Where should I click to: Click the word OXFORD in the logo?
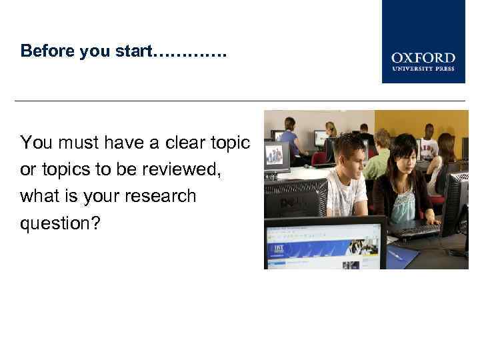[x=423, y=58]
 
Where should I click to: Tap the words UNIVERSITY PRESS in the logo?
[x=423, y=69]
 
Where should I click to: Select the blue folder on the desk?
[x=402, y=255]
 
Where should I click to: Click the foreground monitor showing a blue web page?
[x=325, y=244]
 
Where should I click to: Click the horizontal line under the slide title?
[x=240, y=101]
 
